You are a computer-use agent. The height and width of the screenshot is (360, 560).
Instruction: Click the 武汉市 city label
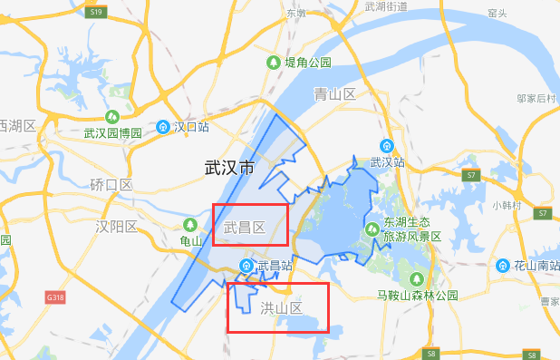point(229,168)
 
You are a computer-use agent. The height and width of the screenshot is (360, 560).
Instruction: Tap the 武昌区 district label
point(244,228)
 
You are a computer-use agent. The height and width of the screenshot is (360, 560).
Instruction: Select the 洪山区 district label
point(280,309)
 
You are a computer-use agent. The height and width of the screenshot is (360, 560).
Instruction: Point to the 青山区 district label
point(333,94)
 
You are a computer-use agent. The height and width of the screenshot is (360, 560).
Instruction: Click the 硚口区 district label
point(111,185)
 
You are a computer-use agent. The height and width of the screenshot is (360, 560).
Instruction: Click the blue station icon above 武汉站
point(386,146)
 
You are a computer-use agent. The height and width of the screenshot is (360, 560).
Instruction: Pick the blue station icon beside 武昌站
point(246,266)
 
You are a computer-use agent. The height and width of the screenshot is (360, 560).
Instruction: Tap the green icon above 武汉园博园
point(112,117)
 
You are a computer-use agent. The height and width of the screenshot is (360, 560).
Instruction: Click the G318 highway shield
point(56,297)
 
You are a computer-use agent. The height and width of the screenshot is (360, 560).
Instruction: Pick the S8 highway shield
point(432,354)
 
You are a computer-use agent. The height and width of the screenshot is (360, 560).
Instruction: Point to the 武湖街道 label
point(388,6)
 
